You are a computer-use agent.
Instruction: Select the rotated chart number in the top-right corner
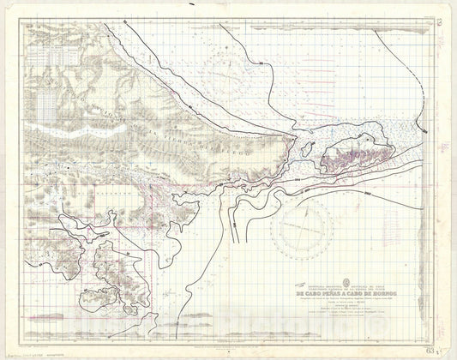(x=440, y=11)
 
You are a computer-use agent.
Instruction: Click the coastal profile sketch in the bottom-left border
(x=60, y=330)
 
